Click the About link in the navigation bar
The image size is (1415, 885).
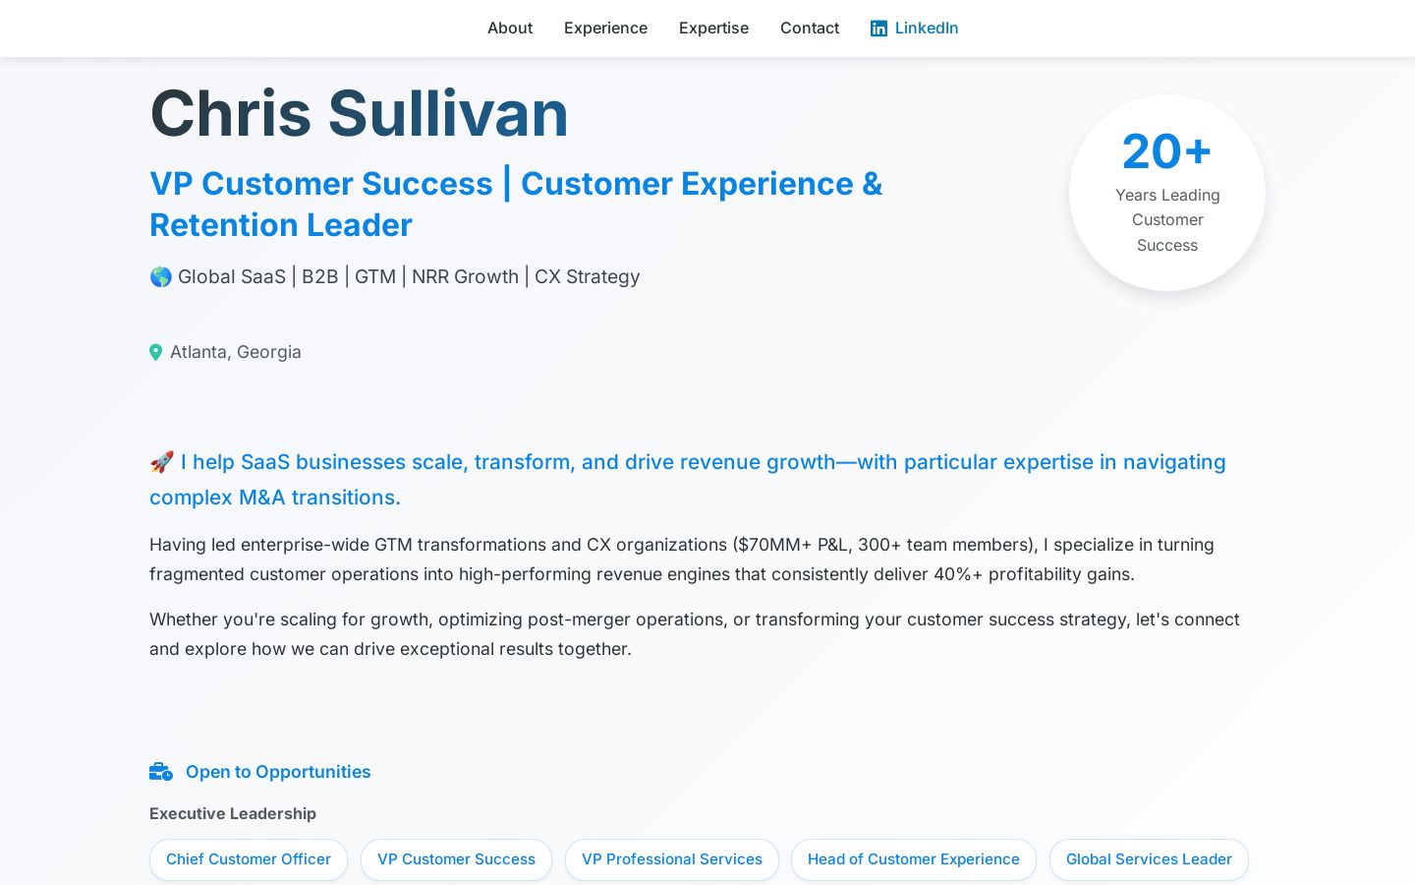[x=510, y=28]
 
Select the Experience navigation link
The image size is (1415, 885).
[x=605, y=28]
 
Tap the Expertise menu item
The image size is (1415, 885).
[x=713, y=28]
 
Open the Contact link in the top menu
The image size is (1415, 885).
[x=810, y=28]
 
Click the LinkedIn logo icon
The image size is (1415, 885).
[x=878, y=29]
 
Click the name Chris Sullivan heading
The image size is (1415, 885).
[x=359, y=114]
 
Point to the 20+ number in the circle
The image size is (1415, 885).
[x=1166, y=151]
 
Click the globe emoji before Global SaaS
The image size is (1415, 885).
[x=160, y=277]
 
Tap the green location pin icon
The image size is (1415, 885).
[x=155, y=352]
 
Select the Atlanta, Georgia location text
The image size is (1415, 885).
[x=235, y=351]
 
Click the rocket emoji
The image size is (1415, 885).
[x=162, y=462]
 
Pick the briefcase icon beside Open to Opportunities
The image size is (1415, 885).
[x=161, y=772]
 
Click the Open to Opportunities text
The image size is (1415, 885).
[x=278, y=772]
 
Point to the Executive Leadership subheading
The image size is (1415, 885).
[x=233, y=813]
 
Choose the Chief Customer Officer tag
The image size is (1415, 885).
[x=249, y=859]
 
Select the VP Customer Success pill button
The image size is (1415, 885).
[x=456, y=859]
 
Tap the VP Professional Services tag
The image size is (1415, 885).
[x=671, y=859]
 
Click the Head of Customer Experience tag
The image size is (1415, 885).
[x=914, y=859]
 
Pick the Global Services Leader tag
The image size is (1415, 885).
[x=1149, y=859]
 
